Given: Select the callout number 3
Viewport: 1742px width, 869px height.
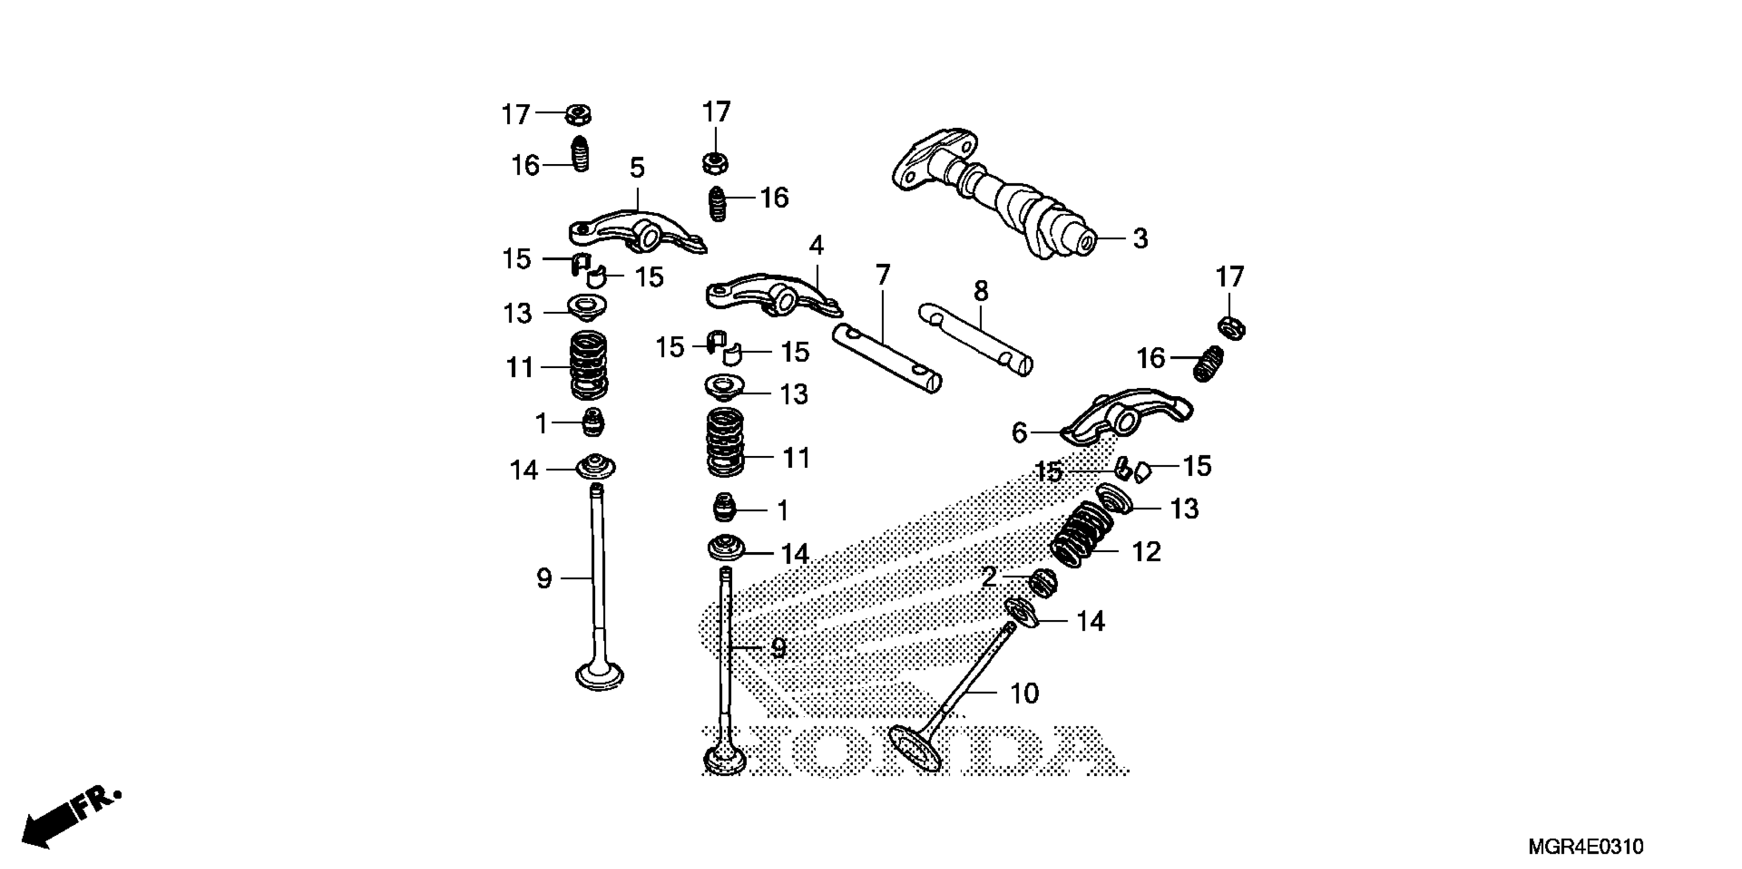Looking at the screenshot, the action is (1140, 239).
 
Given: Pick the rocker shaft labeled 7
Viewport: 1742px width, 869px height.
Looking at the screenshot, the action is (886, 358).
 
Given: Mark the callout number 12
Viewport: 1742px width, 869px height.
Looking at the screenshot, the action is (1146, 552).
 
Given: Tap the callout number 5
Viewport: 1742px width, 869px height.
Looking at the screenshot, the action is (637, 167).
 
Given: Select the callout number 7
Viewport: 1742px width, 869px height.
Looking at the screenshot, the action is (883, 275).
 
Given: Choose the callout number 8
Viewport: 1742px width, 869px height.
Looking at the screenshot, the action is (981, 291).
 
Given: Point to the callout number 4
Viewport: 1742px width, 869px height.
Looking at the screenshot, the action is (816, 245).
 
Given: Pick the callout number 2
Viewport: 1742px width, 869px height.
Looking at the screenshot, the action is (989, 577).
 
